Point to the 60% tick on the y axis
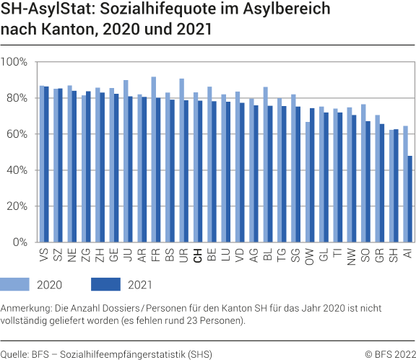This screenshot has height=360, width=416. click(x=15, y=134)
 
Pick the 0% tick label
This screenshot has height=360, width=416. click(x=19, y=242)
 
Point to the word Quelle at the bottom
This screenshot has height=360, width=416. click(x=15, y=354)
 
